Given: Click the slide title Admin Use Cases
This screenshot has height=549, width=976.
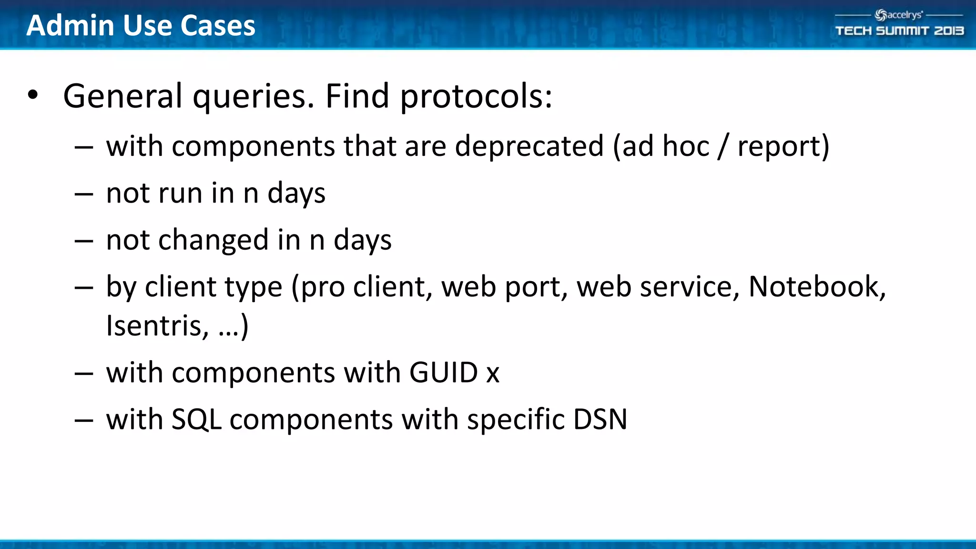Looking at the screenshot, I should click(x=141, y=26).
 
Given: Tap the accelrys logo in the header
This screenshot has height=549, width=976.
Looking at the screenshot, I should click(x=899, y=15).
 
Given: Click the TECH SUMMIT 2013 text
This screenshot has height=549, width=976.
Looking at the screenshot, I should click(x=899, y=31).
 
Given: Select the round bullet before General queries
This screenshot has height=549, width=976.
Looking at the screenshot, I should click(x=32, y=95).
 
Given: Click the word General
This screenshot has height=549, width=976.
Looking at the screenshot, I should click(x=122, y=96).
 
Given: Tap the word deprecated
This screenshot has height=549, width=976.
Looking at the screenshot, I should click(x=529, y=146).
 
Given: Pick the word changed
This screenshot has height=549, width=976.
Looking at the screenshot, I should click(x=213, y=240).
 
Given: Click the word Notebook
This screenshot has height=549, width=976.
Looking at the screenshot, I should click(x=816, y=287).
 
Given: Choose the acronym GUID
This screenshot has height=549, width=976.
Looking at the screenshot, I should click(x=443, y=372).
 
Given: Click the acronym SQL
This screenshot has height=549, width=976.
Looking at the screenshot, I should click(x=196, y=420).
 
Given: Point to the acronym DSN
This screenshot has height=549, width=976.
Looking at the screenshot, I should click(x=600, y=419).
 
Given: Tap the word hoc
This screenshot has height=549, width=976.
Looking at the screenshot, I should click(x=685, y=146).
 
